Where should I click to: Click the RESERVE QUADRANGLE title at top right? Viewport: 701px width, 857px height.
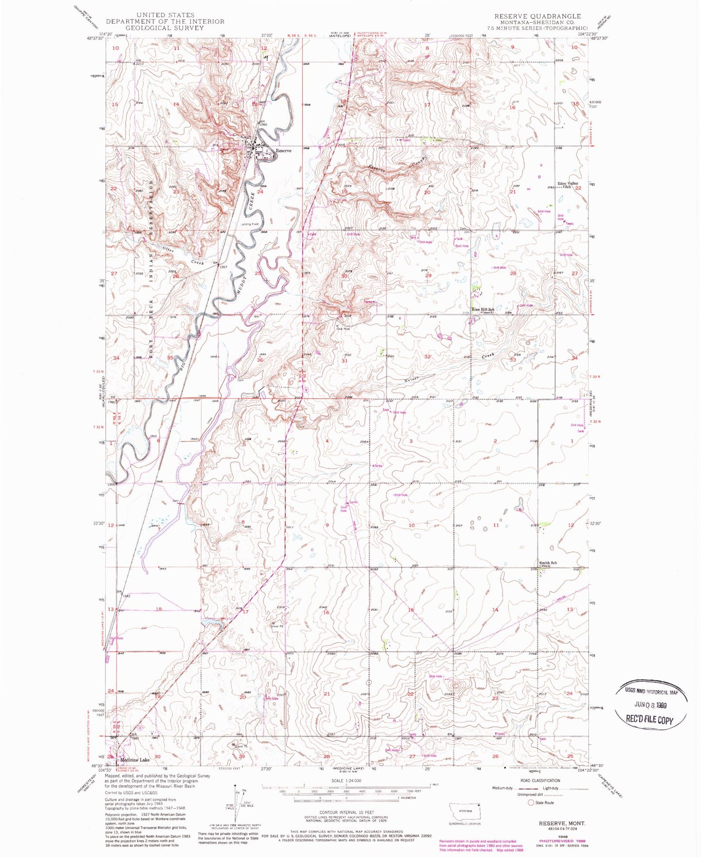pyautogui.click(x=538, y=16)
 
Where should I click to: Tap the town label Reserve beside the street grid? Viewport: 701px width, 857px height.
pyautogui.click(x=284, y=151)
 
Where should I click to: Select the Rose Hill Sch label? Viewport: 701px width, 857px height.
pyautogui.click(x=484, y=309)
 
